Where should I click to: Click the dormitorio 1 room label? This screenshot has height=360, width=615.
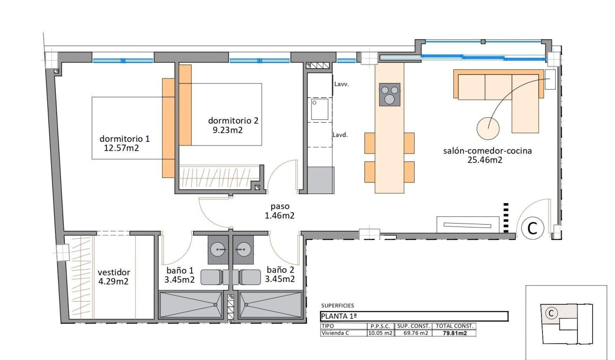tap(124, 139)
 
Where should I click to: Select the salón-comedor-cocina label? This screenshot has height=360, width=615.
tap(487, 151)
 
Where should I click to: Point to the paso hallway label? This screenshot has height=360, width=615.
tap(279, 206)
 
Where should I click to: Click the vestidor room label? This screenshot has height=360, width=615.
tap(113, 272)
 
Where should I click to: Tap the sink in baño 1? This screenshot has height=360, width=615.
tap(219, 249)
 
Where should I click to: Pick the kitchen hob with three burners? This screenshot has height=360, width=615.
tap(390, 94)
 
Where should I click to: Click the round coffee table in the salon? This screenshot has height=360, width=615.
tap(488, 127)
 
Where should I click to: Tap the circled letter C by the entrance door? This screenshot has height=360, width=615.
tap(532, 228)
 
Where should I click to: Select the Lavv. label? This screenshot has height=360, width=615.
tap(341, 84)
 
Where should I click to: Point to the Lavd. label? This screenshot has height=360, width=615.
tap(340, 134)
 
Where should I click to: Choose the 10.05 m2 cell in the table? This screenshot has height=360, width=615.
tap(380, 333)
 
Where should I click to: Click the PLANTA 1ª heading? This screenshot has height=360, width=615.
tap(338, 317)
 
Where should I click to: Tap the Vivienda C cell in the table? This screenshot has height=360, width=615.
tap(335, 333)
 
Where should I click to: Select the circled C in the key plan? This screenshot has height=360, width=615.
tap(551, 313)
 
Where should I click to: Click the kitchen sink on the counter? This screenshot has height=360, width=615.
tap(318, 109)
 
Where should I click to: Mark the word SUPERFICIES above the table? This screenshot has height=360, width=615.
tap(338, 306)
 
